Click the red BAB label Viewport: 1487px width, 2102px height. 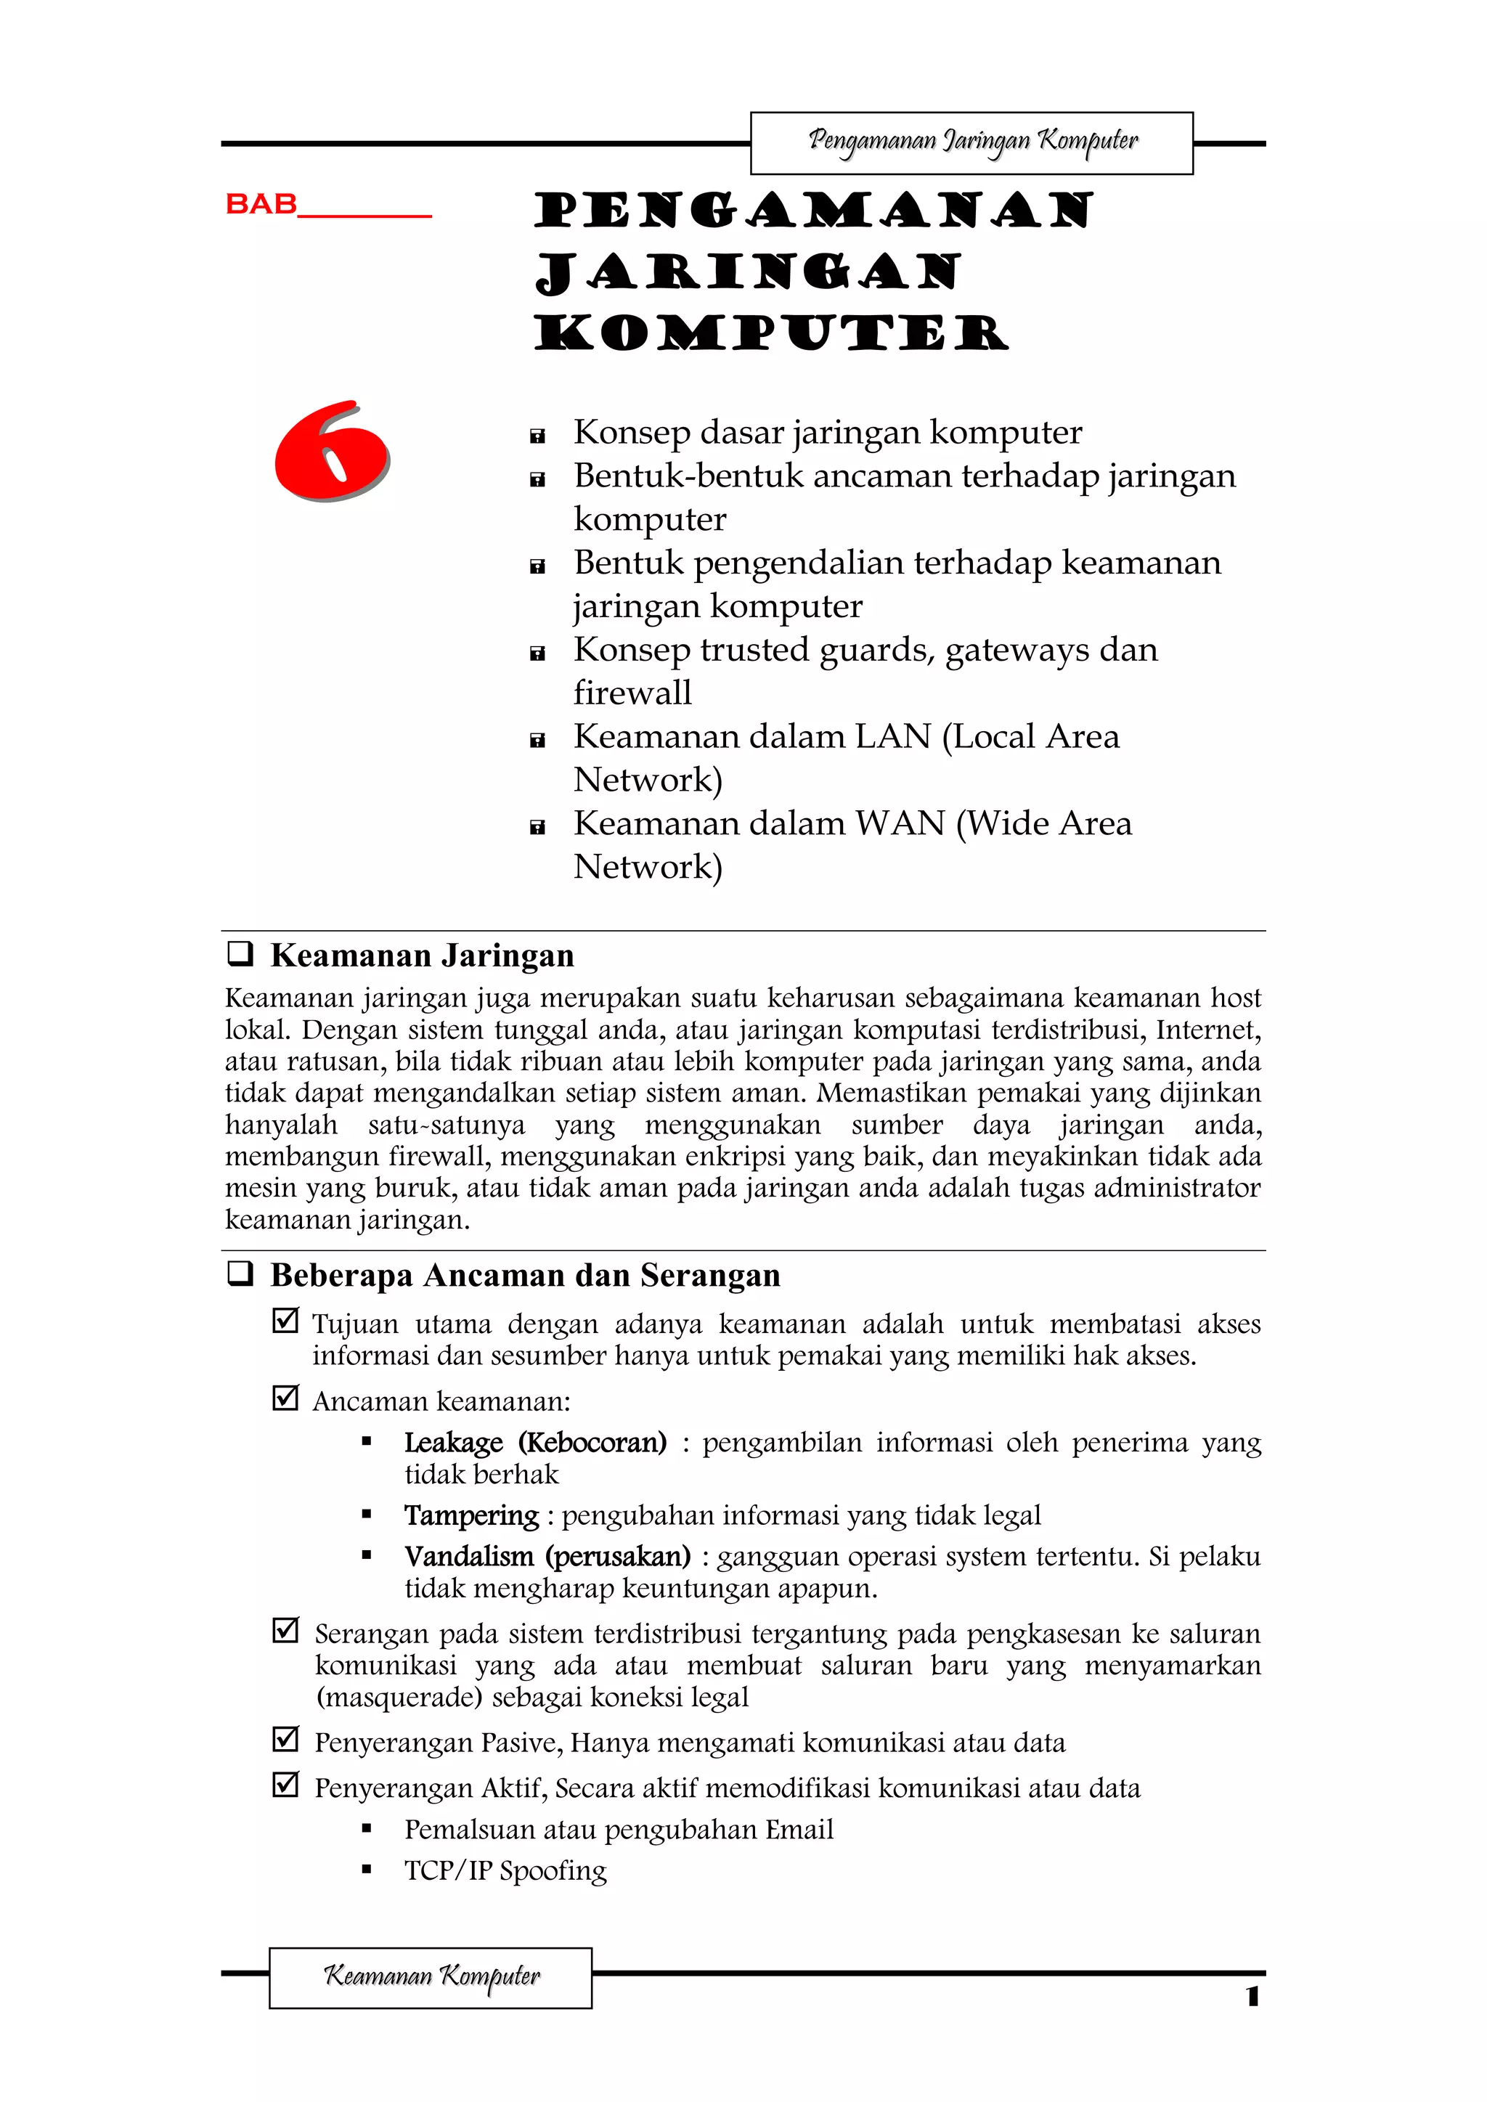coord(262,203)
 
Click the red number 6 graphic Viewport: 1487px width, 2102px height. coord(332,452)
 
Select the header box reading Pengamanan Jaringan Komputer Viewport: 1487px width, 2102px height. coord(971,143)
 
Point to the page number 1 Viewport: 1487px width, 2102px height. coord(1252,1997)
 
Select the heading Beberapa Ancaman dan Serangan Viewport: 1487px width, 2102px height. coord(525,1274)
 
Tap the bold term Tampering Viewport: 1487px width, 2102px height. coord(471,1515)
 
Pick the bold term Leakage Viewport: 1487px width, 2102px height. coord(454,1443)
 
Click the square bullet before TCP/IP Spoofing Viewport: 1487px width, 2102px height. coord(366,1871)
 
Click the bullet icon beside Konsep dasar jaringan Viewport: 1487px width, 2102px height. coord(537,436)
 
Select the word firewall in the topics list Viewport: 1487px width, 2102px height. coord(632,693)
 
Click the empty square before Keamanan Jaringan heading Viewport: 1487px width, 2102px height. coord(240,954)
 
